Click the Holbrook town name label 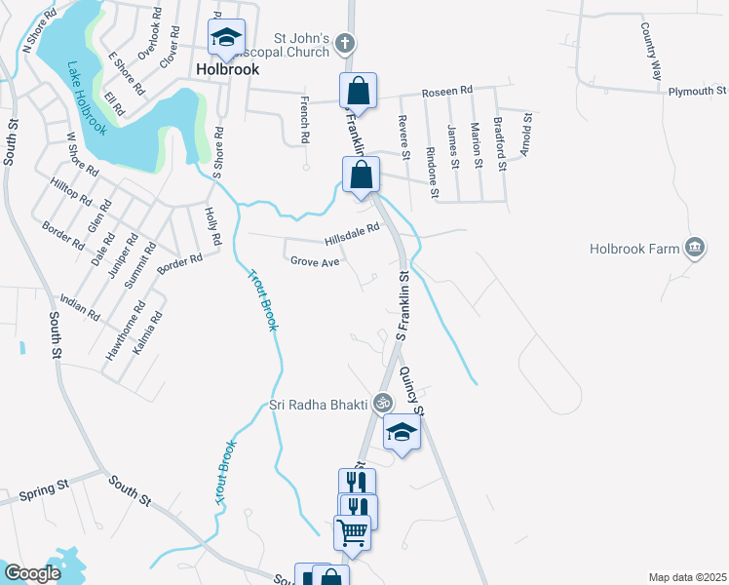click(x=227, y=70)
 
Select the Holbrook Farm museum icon click(x=694, y=248)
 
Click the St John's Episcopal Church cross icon click(x=344, y=43)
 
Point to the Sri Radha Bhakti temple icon click(x=384, y=401)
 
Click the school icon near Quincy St click(x=400, y=432)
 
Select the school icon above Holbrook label click(x=226, y=39)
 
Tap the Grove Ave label click(x=315, y=261)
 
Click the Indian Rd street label click(x=80, y=307)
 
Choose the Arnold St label click(x=526, y=127)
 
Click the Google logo click(x=32, y=573)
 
